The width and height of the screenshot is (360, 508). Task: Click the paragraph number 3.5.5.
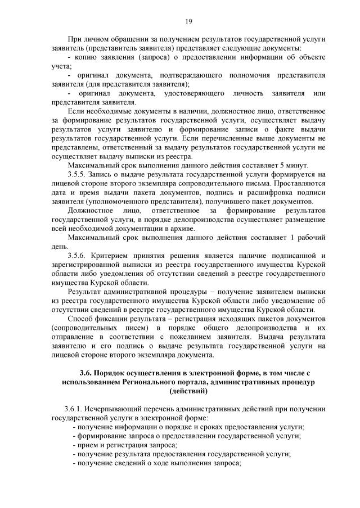click(78, 175)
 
